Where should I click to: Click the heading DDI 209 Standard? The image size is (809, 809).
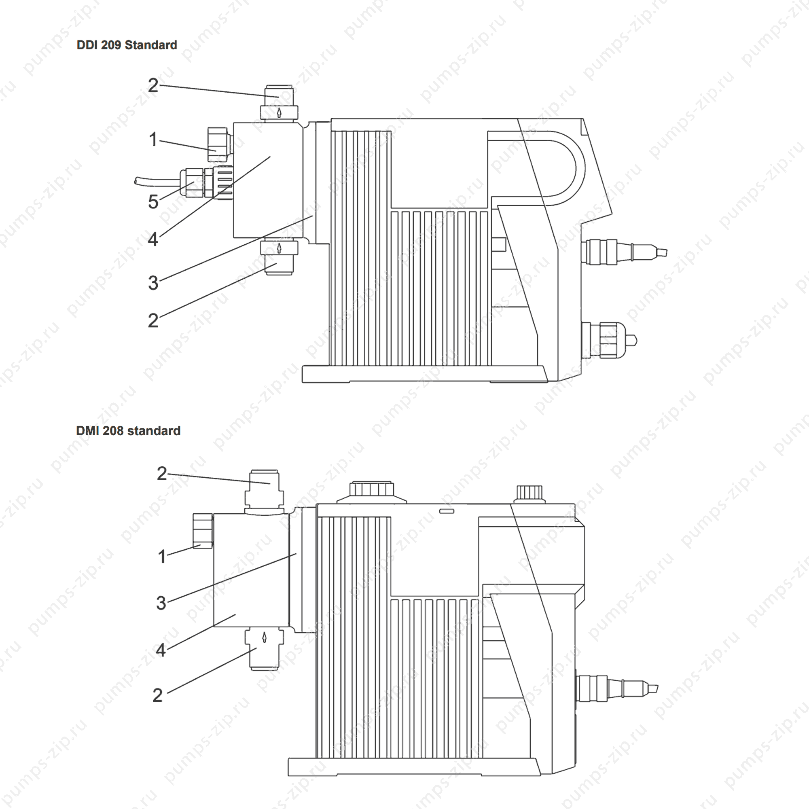click(127, 45)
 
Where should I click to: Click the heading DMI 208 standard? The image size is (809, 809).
click(128, 430)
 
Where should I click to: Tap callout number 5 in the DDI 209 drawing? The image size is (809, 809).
click(153, 202)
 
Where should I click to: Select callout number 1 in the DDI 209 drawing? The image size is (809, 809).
click(153, 140)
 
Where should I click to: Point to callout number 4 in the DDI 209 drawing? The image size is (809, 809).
click(153, 239)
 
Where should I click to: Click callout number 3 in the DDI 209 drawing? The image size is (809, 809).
click(153, 283)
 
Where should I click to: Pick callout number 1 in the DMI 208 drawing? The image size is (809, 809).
click(162, 557)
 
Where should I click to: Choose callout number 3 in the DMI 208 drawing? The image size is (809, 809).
click(161, 603)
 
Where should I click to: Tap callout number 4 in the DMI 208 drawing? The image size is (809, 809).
click(161, 650)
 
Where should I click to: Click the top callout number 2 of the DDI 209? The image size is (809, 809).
click(153, 85)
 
